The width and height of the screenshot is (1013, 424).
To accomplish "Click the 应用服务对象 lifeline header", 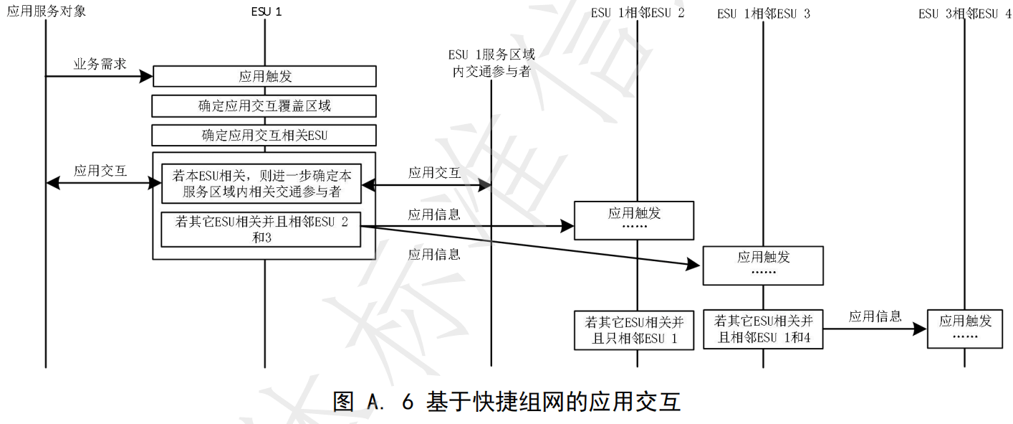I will tap(46, 11).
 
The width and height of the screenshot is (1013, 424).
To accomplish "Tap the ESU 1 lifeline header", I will tap(267, 12).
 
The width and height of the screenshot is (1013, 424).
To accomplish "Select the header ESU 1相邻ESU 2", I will tap(638, 13).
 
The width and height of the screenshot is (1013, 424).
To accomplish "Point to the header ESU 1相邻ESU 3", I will tap(764, 14).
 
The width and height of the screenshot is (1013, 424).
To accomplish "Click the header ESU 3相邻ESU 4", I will tap(964, 14).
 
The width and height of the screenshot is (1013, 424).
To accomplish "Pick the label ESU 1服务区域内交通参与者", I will tap(491, 62).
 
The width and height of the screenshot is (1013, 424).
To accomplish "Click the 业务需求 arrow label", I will tap(100, 64).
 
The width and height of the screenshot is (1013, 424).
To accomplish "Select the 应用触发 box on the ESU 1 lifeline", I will tap(265, 76).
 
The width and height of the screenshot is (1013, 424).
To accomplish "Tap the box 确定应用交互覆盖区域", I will tap(265, 105).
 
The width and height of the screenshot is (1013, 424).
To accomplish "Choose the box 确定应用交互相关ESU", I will tap(265, 135).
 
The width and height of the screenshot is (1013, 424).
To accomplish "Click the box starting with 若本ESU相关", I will tap(261, 184).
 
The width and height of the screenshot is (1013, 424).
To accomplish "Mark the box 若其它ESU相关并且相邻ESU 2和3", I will tap(261, 229).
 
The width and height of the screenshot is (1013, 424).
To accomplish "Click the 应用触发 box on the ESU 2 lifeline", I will tap(634, 220).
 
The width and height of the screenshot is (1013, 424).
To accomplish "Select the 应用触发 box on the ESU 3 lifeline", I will tap(763, 265).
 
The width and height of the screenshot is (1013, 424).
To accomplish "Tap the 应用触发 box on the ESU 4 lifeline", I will tap(965, 329).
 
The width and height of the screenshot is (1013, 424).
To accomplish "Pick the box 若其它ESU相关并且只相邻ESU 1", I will tap(634, 329).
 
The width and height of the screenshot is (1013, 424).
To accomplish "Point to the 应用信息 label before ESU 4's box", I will tap(875, 316).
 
